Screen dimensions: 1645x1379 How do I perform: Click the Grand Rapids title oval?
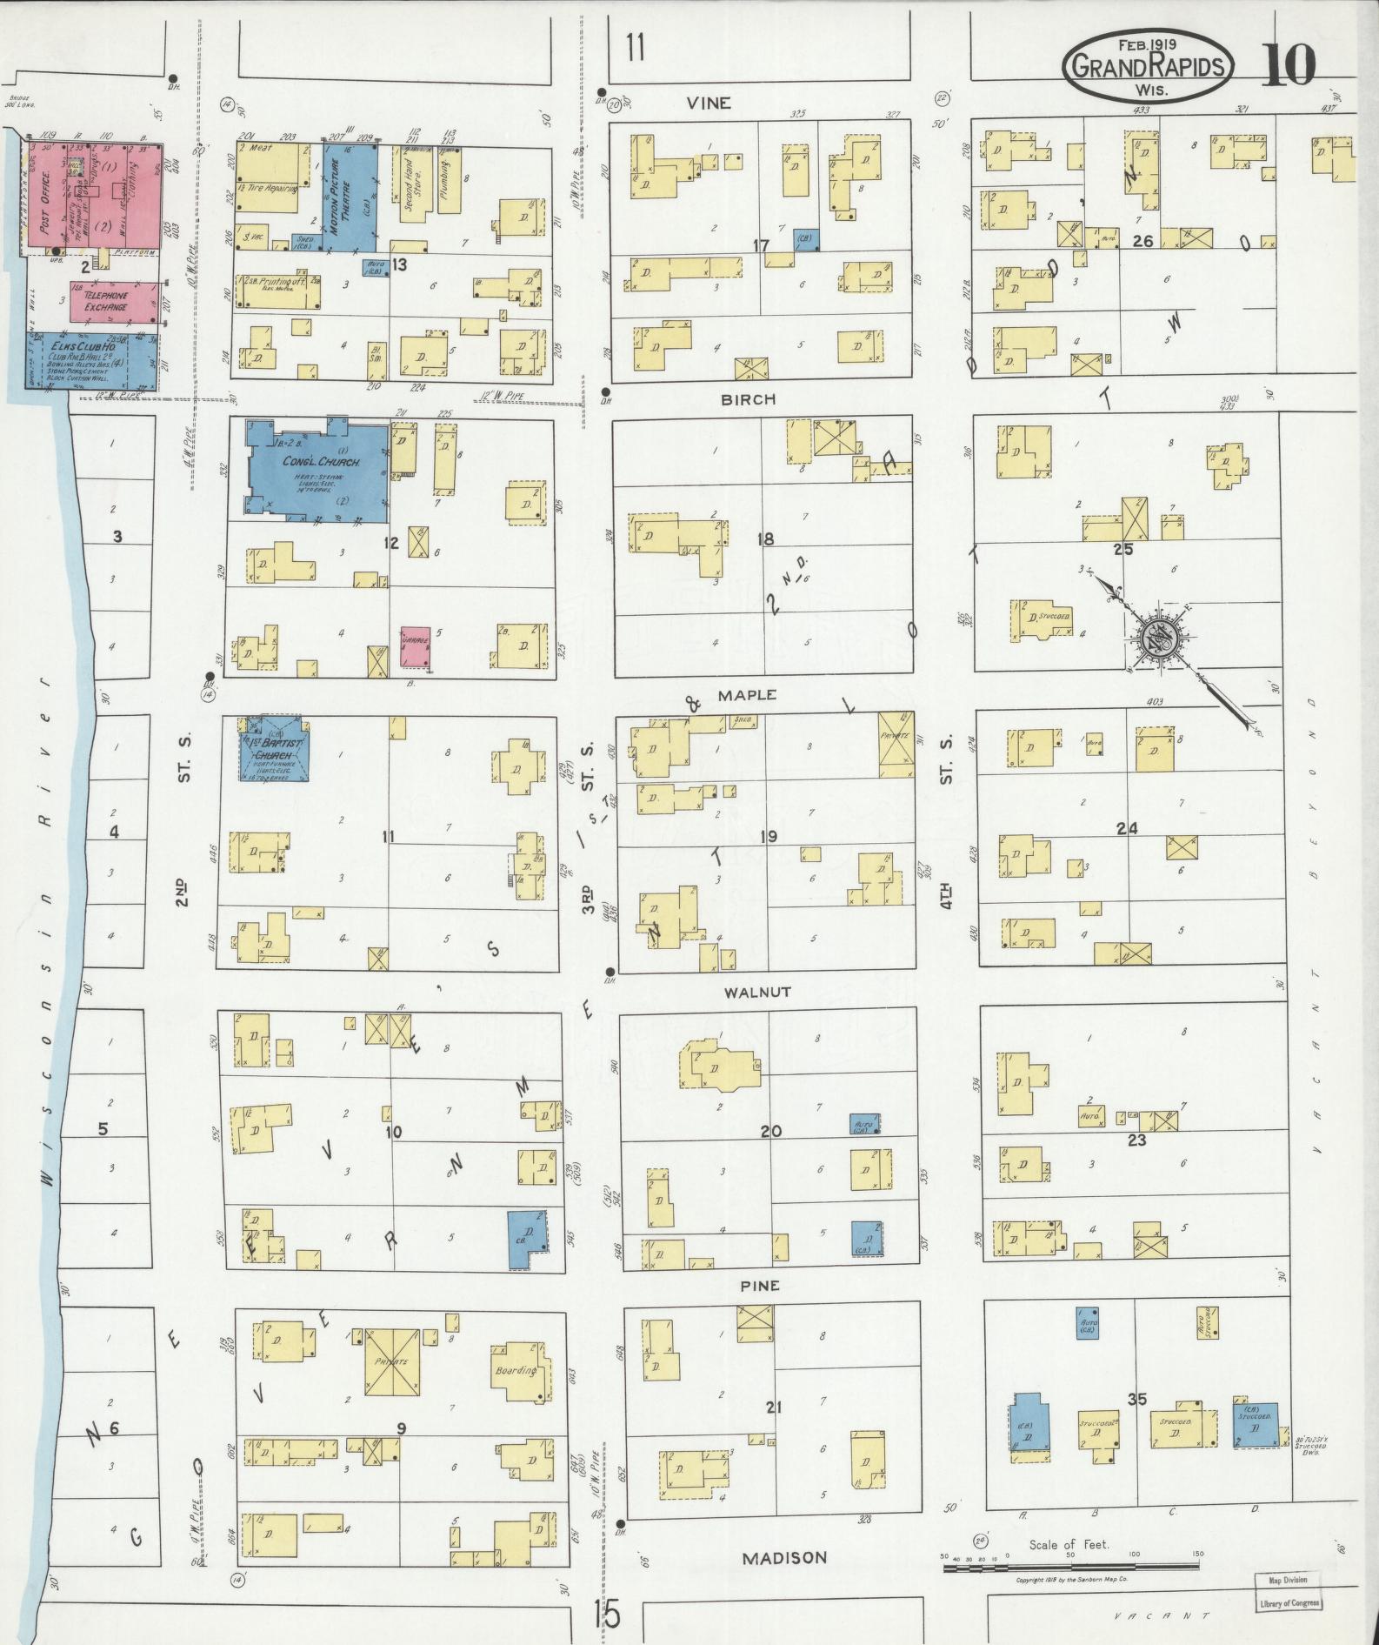[1149, 65]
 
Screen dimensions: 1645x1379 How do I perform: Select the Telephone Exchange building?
[106, 301]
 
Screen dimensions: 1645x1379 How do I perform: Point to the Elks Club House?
[87, 360]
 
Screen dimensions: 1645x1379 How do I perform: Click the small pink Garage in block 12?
[416, 646]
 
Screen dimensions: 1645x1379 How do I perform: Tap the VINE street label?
[708, 103]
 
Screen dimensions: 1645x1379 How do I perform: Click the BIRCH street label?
[748, 399]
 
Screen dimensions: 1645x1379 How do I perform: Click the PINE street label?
[761, 1285]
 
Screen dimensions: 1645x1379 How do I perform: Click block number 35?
[1136, 1400]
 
